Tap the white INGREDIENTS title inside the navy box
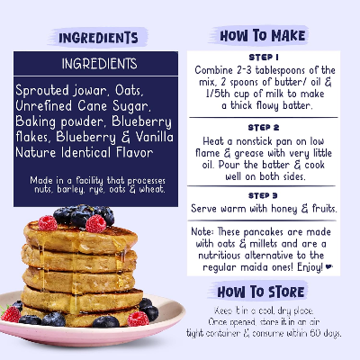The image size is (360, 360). pos(100,65)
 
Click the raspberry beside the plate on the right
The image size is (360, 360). pos(138,317)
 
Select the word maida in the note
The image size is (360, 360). pos(265,267)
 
